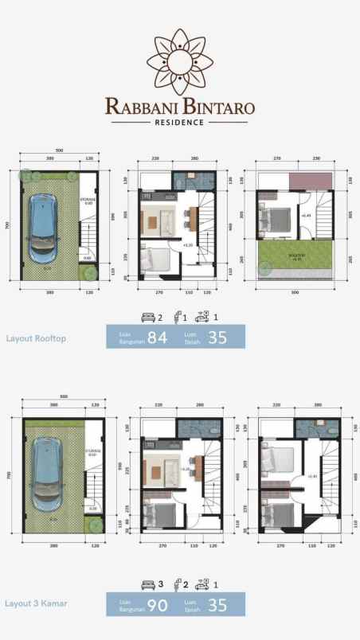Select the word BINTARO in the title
[217, 106]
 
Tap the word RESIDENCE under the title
[180, 123]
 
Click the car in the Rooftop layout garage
[38, 228]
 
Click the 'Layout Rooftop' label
[36, 338]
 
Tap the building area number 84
[158, 338]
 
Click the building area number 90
[158, 605]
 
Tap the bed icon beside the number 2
[147, 316]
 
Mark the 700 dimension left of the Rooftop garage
[7, 225]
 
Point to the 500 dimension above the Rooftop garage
[59, 151]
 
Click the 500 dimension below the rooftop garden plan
[295, 292]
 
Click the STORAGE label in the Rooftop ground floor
[90, 200]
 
